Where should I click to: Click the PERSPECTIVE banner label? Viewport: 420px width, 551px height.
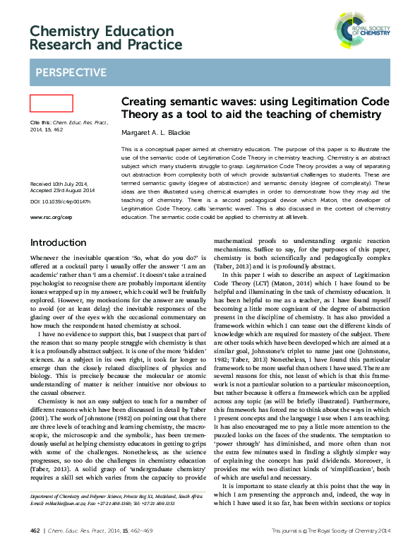point(71,73)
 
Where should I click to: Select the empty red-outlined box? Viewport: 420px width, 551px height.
point(52,103)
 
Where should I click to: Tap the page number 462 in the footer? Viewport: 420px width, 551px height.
point(35,531)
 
